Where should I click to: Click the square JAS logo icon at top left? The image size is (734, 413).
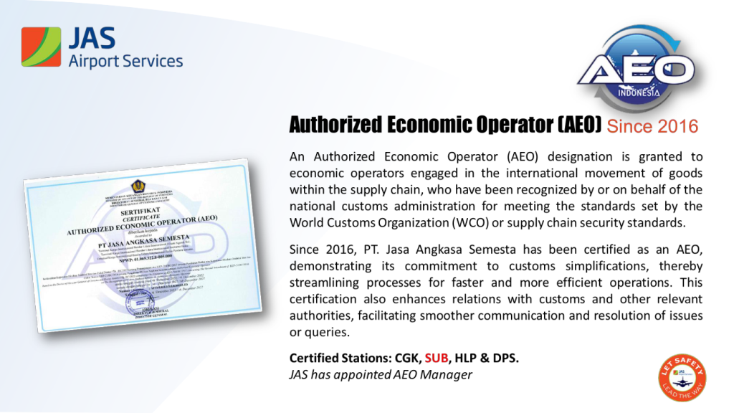click(x=41, y=47)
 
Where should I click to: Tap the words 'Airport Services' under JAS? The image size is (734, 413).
click(x=125, y=61)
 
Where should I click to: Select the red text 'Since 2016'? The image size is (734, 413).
click(x=652, y=127)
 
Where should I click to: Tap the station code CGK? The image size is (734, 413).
click(x=406, y=358)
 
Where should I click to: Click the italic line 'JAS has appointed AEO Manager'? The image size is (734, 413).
click(x=381, y=374)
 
